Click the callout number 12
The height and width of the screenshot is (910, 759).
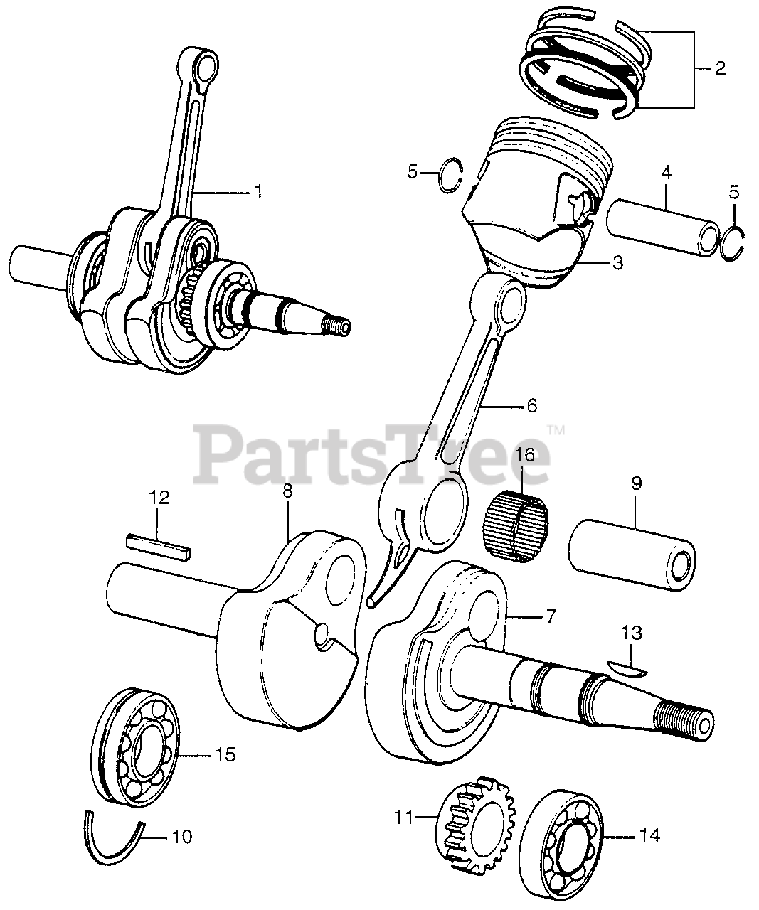coord(159,498)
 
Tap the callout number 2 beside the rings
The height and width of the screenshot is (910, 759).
coord(719,69)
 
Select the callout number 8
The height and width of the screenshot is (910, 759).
coord(287,490)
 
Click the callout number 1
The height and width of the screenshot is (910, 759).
coord(258,191)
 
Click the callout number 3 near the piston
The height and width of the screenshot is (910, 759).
coord(617,263)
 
